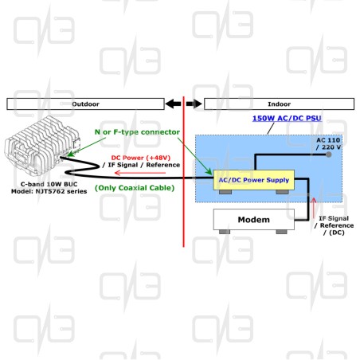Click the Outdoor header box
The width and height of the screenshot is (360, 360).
point(85,104)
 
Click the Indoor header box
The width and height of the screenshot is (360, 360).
point(279,104)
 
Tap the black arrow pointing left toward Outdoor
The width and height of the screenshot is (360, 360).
point(173,104)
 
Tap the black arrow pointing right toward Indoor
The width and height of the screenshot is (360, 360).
point(194,104)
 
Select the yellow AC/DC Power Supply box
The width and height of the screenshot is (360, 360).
point(254,180)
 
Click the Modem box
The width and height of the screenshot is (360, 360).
point(254,219)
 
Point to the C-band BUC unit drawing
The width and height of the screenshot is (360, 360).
point(41,146)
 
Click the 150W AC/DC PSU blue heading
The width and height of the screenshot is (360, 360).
point(287,119)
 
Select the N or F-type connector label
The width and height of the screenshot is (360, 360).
point(137,132)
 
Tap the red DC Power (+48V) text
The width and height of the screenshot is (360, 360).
point(141,158)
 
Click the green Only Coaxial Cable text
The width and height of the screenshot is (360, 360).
point(135,188)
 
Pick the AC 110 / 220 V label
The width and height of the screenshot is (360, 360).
point(328,143)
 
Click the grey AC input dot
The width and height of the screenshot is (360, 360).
point(329,155)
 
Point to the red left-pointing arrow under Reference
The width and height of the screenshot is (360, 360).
point(140,173)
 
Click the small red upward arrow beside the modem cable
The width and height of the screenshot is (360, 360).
point(314,208)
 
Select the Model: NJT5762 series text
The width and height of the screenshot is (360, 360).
point(49,191)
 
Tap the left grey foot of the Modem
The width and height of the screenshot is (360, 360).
point(225,232)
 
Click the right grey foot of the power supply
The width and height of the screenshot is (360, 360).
point(282,192)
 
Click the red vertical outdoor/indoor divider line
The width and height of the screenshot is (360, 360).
point(183,172)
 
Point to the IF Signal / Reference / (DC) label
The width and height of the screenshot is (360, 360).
point(334,225)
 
